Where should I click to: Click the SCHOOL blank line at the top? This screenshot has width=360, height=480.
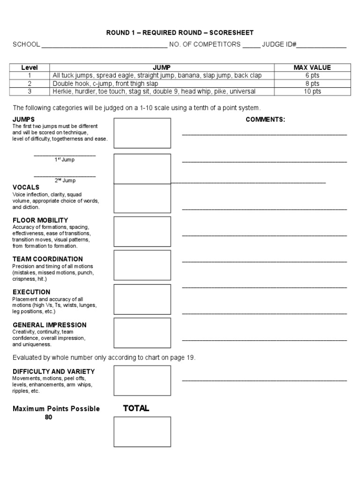[104, 46]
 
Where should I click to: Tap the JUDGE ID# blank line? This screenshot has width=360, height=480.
[322, 46]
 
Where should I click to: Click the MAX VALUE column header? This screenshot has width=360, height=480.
[312, 67]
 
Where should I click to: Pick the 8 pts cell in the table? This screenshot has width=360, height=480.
[312, 83]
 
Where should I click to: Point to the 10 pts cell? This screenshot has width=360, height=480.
[312, 91]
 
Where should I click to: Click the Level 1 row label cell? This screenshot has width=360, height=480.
[30, 75]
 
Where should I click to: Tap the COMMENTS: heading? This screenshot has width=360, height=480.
[265, 120]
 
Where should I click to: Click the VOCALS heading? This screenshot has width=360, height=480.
[26, 187]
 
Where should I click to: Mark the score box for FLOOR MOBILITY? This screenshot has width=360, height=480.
[142, 232]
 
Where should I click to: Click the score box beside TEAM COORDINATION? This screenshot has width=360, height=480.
[142, 265]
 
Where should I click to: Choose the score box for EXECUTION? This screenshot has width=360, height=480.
[142, 299]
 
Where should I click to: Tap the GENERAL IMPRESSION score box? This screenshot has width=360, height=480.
[142, 333]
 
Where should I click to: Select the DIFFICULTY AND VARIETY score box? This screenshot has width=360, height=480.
[142, 381]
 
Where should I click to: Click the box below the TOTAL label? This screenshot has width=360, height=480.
[142, 432]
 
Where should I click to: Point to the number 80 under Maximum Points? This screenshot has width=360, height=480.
[49, 417]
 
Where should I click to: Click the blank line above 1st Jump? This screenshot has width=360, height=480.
[65, 155]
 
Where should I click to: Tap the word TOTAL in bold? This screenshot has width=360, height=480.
[136, 408]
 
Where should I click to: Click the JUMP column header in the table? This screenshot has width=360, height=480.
[162, 67]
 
